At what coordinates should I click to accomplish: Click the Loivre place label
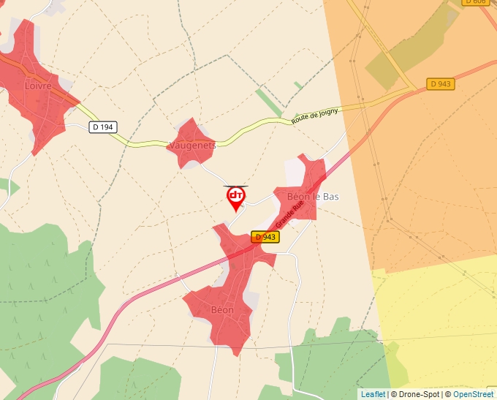(38, 86)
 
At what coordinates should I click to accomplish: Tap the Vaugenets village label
(192, 146)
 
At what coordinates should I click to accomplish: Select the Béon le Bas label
(314, 197)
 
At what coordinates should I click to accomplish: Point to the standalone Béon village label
(222, 310)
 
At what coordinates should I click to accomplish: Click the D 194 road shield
(103, 127)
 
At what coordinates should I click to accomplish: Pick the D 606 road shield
(476, 1)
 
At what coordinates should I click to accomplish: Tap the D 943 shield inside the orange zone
(441, 84)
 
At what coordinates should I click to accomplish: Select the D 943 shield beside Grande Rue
(265, 237)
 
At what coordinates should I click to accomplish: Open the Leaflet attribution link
(373, 394)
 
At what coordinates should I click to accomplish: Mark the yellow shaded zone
(439, 314)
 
